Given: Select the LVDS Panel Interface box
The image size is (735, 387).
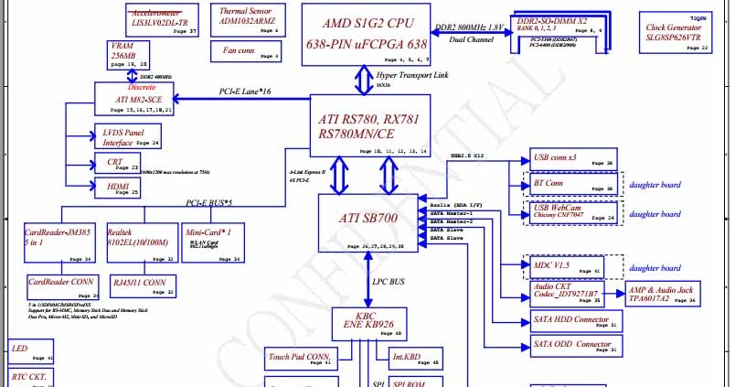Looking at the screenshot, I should (x=129, y=137).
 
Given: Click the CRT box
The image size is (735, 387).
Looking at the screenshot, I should (x=117, y=165).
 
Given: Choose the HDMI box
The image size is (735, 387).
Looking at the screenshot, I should (x=117, y=188).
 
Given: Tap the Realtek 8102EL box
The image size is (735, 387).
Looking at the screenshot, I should (x=136, y=243).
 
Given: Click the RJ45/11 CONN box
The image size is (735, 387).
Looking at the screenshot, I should (x=143, y=285).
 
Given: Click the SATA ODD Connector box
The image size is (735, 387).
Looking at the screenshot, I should (x=575, y=346).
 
